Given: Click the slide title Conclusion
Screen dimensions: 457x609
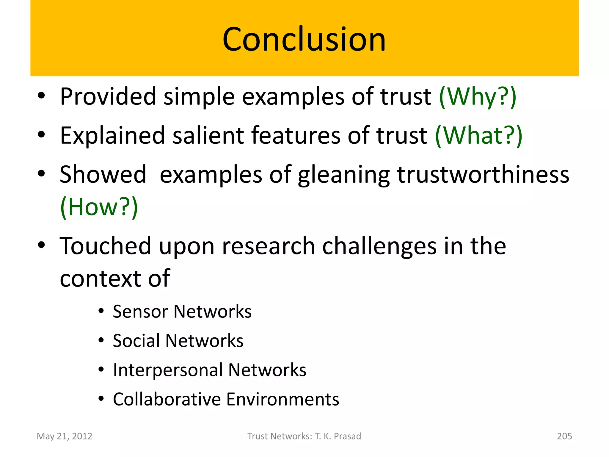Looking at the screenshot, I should tap(304, 39).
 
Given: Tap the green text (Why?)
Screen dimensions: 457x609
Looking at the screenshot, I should tap(478, 97).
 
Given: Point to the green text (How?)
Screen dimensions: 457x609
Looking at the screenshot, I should tap(99, 207).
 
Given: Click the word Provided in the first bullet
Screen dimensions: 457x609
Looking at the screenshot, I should tap(108, 97).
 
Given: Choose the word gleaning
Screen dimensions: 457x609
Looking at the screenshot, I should tap(343, 175).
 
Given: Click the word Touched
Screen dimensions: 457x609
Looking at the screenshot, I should tap(105, 246).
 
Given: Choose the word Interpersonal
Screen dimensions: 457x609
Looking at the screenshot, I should tap(168, 370).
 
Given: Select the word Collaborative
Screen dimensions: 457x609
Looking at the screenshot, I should tap(167, 399).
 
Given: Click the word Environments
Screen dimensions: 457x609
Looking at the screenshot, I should tap(282, 399).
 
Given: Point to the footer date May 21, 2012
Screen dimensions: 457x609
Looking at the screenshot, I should tap(65, 436).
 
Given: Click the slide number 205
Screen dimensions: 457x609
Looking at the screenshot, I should tap(564, 436).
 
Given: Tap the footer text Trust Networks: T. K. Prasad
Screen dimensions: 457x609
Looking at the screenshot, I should tap(304, 436).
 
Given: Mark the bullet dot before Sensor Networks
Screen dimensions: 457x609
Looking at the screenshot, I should tap(101, 311).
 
